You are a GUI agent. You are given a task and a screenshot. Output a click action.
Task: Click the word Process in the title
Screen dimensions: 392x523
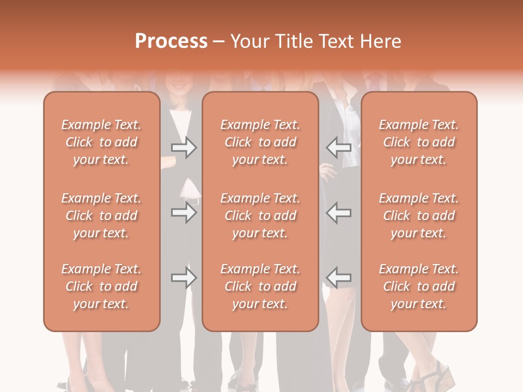click(171, 41)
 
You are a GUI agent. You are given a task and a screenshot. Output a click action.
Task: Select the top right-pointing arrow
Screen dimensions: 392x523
click(184, 148)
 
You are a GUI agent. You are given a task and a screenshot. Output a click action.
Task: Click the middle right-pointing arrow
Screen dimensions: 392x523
click(184, 212)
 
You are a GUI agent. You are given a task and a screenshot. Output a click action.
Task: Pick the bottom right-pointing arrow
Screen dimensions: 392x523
click(184, 278)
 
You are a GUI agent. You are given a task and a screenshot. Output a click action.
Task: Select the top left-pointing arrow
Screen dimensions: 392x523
click(339, 148)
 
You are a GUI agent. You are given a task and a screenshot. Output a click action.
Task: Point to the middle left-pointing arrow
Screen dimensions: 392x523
click(339, 212)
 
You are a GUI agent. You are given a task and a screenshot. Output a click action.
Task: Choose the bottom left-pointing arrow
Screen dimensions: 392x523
click(339, 278)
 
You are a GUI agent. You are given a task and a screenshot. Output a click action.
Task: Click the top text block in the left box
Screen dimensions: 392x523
click(101, 142)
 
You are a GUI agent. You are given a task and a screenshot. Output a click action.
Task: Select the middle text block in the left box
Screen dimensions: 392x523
click(101, 216)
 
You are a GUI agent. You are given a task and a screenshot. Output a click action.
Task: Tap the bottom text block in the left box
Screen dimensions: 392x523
click(101, 286)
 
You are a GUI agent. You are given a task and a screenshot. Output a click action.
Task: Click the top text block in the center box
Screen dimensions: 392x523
click(260, 142)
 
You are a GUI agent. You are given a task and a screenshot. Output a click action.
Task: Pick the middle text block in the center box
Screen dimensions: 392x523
click(260, 216)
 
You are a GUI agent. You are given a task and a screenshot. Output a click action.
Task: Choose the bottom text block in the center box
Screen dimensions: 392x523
click(260, 286)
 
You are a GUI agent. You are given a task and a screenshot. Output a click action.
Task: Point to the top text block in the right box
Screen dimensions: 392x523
click(419, 142)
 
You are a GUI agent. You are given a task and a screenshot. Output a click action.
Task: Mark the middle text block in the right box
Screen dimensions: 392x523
click(419, 216)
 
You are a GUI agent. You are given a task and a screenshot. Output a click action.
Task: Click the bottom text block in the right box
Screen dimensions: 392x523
click(419, 286)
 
